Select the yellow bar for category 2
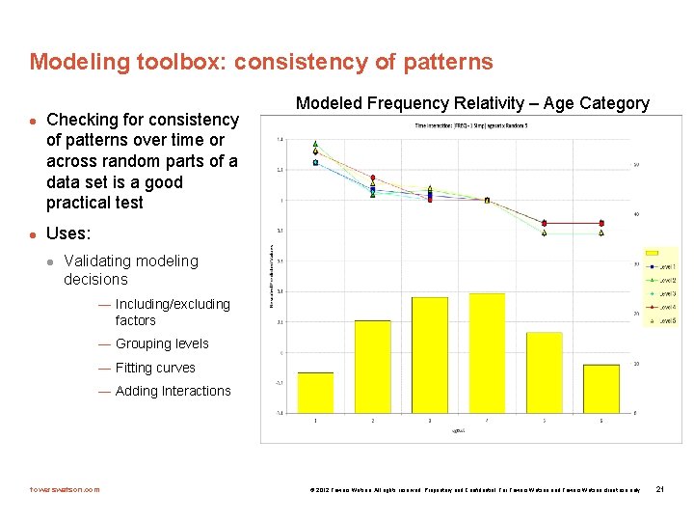point(372,367)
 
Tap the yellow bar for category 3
point(429,355)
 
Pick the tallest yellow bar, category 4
point(487,353)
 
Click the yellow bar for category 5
point(544,372)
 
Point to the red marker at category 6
point(601,223)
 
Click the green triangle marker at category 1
point(316,144)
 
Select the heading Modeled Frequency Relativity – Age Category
point(472,103)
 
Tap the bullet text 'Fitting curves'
point(154,368)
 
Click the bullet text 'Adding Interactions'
point(173,391)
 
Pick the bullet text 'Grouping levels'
point(161,343)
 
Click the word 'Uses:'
point(68,233)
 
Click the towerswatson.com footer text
point(65,489)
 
